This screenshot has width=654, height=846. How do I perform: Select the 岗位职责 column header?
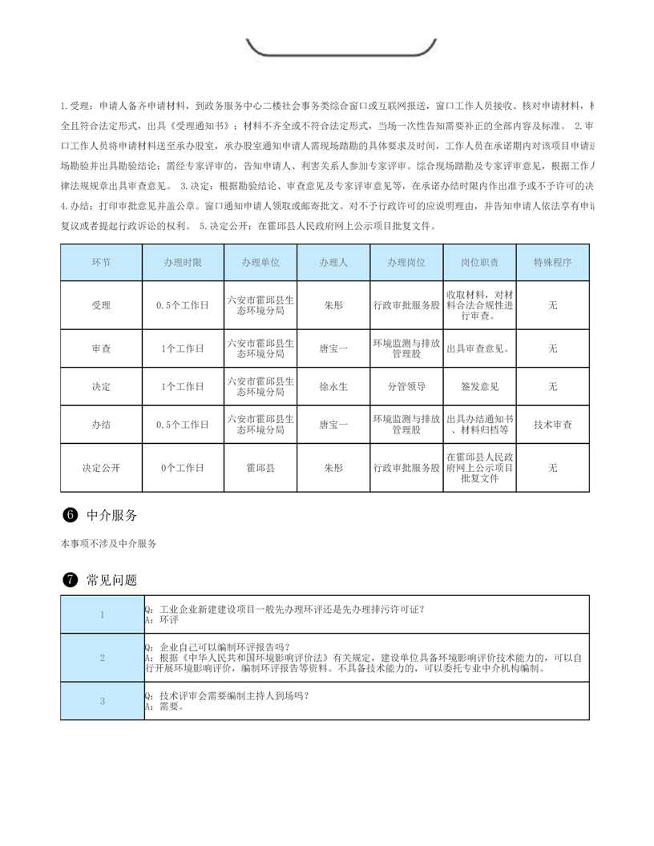click(479, 263)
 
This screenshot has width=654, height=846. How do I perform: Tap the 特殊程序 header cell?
click(552, 263)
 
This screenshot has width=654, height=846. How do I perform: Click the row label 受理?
click(102, 305)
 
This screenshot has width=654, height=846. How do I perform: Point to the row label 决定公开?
click(102, 467)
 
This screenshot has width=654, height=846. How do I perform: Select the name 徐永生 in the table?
click(333, 386)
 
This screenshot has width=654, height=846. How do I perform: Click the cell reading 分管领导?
click(406, 386)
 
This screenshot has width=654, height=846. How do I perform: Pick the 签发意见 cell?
click(479, 386)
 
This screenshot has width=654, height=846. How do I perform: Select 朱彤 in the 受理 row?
click(333, 305)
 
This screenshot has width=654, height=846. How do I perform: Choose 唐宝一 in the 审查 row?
click(333, 348)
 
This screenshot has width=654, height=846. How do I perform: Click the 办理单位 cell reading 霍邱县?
click(260, 467)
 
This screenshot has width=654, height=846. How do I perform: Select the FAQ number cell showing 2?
click(103, 658)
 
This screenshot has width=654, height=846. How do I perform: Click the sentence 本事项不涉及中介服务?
click(108, 544)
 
